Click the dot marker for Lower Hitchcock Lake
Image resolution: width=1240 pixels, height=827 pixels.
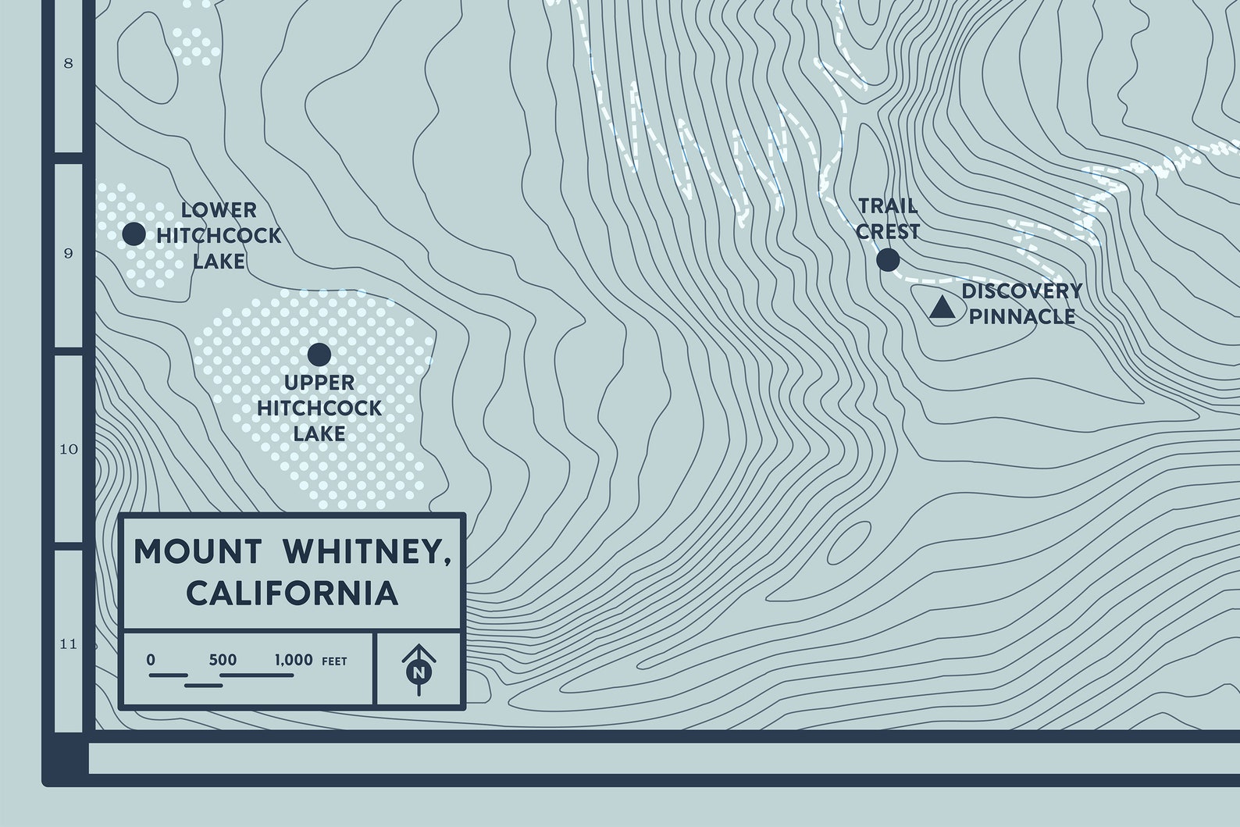134,233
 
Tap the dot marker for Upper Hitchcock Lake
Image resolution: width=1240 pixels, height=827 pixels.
319,355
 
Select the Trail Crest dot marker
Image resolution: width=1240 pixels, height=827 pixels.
888,259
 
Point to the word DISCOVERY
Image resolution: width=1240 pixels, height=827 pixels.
1021,291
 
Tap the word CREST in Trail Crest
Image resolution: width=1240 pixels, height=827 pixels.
888,232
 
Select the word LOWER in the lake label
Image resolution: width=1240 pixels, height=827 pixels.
219,210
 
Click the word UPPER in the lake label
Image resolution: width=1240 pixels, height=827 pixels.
319,383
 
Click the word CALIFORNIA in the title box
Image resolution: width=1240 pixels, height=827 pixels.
293,593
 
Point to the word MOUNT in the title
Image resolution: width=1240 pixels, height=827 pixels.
198,551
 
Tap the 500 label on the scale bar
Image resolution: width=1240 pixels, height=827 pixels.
223,660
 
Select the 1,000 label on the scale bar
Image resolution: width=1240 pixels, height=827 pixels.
294,660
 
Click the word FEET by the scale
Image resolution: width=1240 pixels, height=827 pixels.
334,661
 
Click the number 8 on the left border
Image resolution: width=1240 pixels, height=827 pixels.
68,63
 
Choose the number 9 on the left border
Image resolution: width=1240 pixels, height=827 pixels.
68,253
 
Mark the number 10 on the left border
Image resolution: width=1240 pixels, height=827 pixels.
69,449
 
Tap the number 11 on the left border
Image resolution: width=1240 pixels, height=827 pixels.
69,644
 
